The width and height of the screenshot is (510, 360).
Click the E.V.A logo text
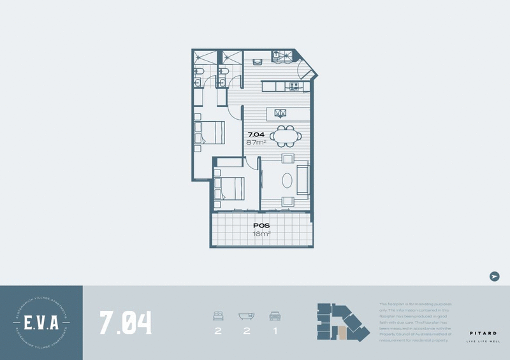(41, 322)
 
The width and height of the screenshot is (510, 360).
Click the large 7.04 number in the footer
(126, 322)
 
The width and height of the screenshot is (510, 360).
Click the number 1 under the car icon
(275, 331)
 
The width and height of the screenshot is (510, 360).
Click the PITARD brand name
(483, 333)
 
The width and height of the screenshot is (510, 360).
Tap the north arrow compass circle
(494, 276)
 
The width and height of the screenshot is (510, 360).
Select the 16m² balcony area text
(261, 234)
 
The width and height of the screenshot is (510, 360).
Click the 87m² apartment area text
(256, 142)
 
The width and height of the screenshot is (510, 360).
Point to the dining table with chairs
(284, 135)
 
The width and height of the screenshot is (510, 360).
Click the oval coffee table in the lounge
(288, 178)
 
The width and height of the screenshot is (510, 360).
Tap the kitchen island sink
(280, 113)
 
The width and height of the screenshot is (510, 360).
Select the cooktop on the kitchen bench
(295, 85)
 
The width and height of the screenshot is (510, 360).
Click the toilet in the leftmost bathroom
(199, 71)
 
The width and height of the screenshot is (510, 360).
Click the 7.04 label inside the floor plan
(256, 134)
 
